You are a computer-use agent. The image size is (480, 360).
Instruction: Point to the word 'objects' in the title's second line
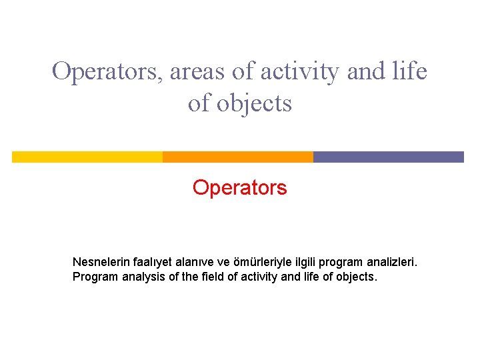[x=257, y=103]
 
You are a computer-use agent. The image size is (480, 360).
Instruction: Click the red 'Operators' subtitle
[x=239, y=188]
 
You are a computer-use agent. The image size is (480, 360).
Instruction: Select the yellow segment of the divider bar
[x=87, y=157]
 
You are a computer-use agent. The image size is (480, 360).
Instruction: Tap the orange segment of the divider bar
[x=237, y=157]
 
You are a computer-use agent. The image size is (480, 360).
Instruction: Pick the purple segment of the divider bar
[x=388, y=157]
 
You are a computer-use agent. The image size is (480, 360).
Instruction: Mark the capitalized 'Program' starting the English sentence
[x=95, y=277]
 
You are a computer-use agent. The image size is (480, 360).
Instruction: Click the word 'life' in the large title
[x=410, y=71]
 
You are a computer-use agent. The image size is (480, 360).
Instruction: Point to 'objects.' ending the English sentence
[x=357, y=277]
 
